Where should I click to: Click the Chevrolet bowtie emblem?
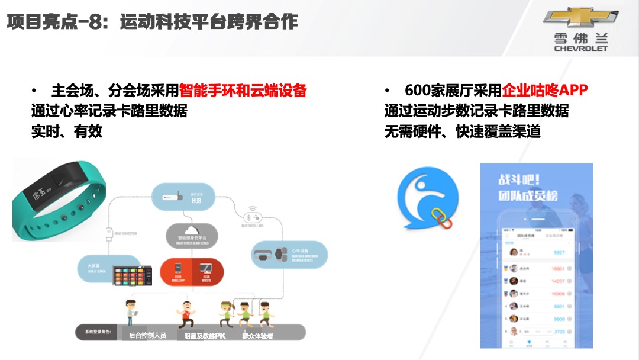point(580,18)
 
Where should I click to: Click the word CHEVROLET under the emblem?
point(580,49)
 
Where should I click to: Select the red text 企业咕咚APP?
point(545,91)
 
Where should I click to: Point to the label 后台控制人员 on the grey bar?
point(147,336)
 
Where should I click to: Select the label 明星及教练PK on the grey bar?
point(205,336)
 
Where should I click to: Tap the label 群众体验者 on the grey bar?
point(257,336)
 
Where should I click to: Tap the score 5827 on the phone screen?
point(559,252)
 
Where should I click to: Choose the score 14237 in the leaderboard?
point(557,281)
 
